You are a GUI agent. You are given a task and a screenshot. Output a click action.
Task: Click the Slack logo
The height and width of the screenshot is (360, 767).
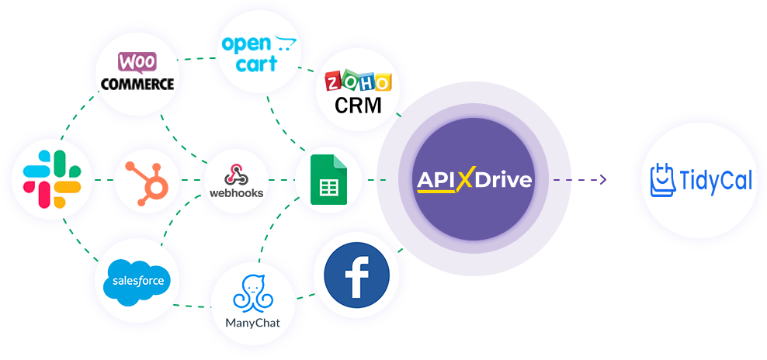[51, 180]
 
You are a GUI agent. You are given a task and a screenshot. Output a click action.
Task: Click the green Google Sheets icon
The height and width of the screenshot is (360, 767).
[328, 180]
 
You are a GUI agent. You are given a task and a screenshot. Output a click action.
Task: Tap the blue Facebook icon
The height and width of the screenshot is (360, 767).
[356, 275]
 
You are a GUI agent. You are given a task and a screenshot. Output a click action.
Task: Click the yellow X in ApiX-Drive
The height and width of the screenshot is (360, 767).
[465, 181]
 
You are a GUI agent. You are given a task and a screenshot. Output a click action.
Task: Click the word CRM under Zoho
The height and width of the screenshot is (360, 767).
[358, 105]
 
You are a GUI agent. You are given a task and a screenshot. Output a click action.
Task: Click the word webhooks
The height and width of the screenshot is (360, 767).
[237, 192]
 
